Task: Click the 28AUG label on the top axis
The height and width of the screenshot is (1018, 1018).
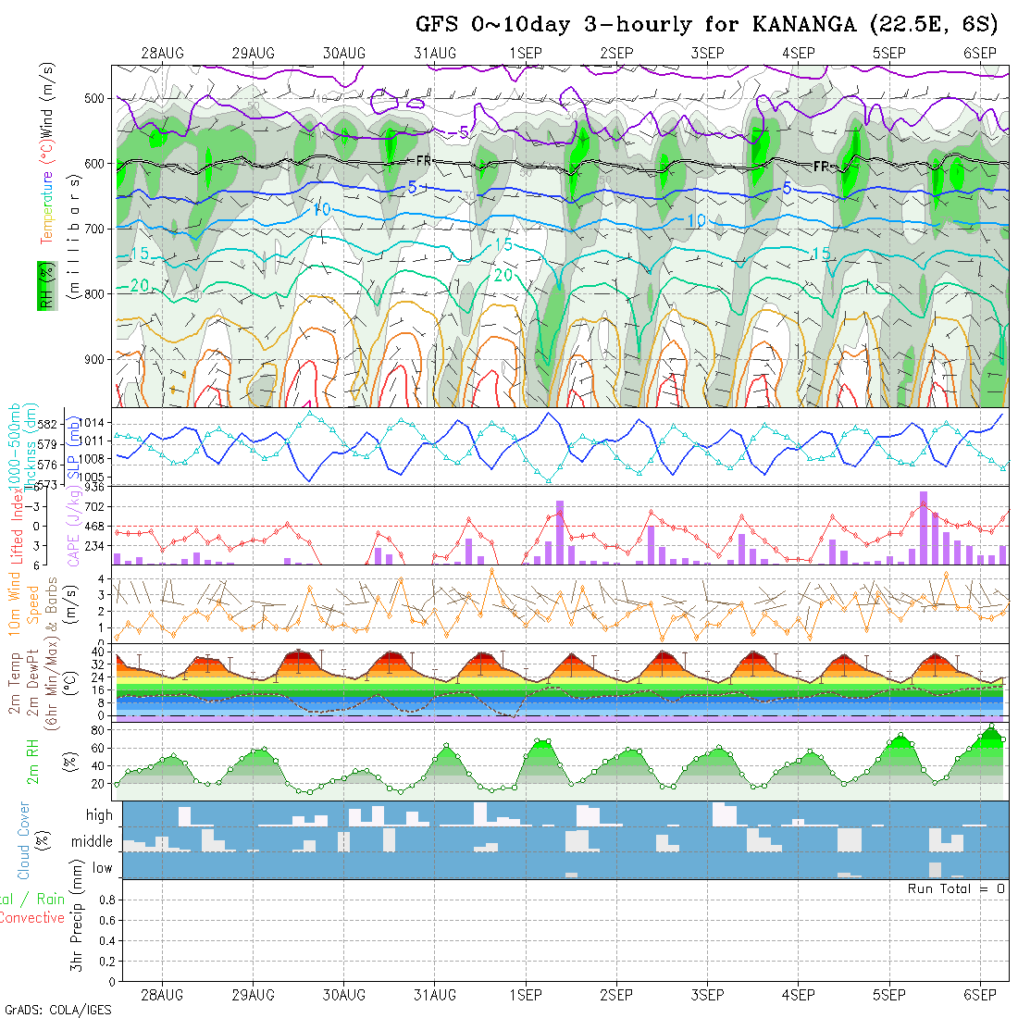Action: tap(163, 53)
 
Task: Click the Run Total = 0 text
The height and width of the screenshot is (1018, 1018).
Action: tap(956, 888)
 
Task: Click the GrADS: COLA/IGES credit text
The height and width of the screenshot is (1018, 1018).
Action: tap(57, 1010)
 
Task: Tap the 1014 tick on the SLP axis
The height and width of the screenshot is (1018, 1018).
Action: tap(97, 423)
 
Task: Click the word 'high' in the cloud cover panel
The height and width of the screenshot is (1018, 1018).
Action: tap(99, 815)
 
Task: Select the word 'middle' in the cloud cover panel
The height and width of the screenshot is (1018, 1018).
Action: tap(93, 842)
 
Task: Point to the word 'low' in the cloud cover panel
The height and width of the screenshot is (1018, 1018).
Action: tap(102, 868)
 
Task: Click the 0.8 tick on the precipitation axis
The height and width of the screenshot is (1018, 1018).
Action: tap(106, 899)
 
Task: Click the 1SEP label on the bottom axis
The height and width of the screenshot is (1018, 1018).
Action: tap(525, 995)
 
